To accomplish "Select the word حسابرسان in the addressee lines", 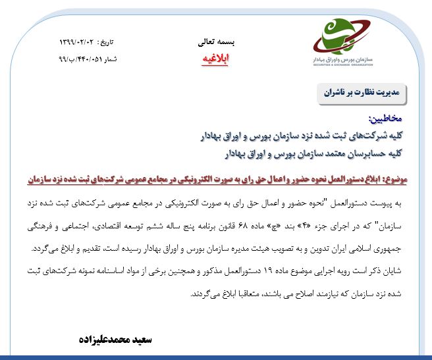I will coord(371,153).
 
